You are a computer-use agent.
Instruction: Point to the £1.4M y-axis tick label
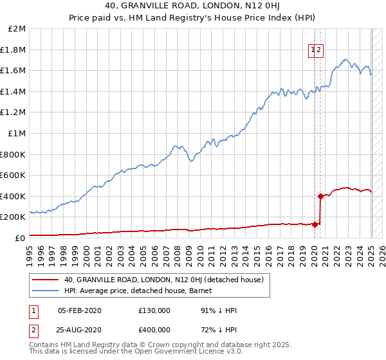point(14,91)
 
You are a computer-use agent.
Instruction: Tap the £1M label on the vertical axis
point(17,133)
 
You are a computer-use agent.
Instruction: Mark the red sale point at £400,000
point(320,196)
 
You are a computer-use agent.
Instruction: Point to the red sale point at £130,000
point(315,224)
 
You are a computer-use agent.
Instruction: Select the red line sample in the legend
point(45,280)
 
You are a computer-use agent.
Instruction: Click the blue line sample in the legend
point(45,291)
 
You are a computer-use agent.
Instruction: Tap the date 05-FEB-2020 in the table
point(79,310)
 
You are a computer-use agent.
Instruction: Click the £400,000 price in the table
point(154,329)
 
